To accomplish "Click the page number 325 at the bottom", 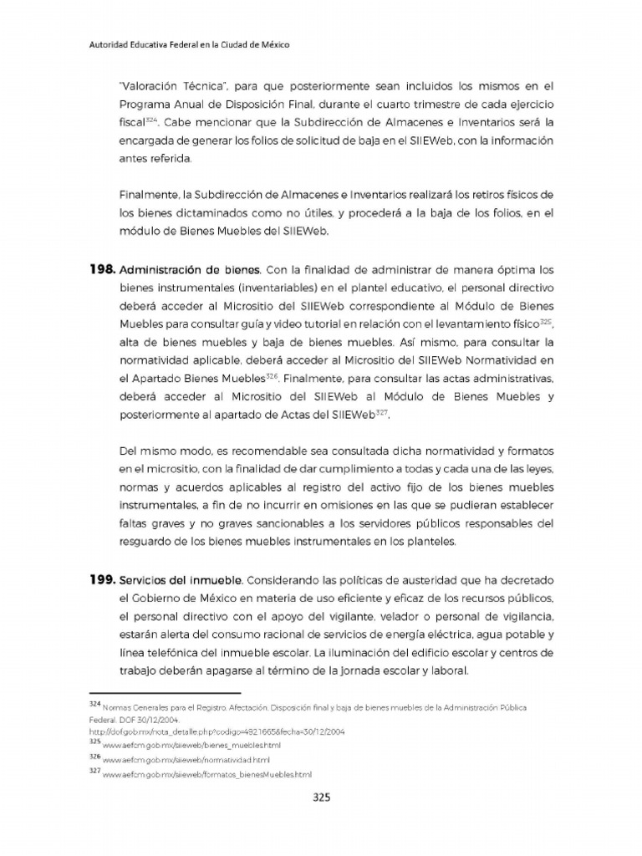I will pos(322,797).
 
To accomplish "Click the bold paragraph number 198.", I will pos(102,270).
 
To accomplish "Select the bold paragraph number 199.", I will pos(102,579).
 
